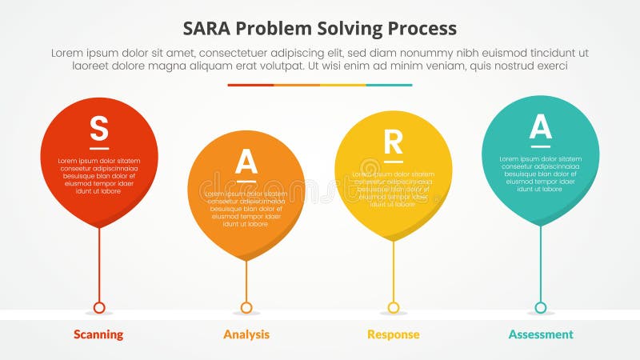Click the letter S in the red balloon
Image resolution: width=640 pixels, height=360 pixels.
click(98, 128)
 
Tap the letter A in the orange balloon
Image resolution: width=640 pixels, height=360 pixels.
click(246, 162)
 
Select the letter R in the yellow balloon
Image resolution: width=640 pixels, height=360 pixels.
click(393, 142)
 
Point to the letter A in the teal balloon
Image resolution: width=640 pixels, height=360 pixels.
click(541, 126)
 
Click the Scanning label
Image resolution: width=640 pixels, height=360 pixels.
click(98, 334)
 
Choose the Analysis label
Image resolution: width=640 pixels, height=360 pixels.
click(246, 334)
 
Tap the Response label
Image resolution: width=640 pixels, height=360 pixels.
click(393, 334)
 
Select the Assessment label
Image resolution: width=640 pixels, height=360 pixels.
click(541, 334)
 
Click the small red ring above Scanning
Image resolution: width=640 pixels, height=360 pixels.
click(99, 307)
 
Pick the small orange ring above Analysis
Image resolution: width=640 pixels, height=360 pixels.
click(246, 307)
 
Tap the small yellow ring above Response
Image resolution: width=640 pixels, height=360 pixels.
click(394, 307)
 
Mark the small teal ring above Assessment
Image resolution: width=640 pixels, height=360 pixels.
click(541, 307)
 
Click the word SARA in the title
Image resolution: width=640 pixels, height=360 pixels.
click(210, 28)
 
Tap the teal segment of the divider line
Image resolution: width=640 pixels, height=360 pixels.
click(390, 85)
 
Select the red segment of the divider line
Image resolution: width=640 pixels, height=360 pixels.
click(250, 85)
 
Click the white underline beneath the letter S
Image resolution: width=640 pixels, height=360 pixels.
click(98, 148)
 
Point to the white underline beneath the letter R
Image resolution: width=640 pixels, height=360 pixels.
click(393, 161)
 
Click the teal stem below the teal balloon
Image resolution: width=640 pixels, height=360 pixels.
click(541, 264)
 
